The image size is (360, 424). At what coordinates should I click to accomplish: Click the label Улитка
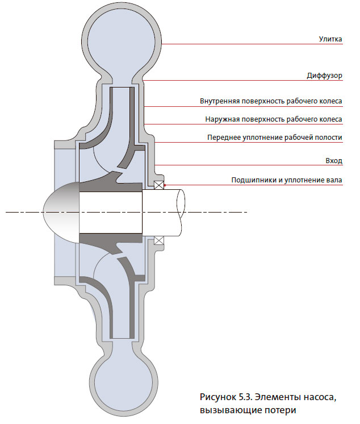point(330,39)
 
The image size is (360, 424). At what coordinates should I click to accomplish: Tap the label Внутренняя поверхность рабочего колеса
point(271,102)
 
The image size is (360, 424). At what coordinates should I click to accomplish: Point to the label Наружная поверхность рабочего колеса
point(274,119)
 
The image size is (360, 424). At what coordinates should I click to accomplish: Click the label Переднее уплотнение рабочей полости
point(275,138)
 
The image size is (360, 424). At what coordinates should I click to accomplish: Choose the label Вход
point(334,161)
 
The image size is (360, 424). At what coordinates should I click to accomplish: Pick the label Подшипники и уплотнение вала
point(287,180)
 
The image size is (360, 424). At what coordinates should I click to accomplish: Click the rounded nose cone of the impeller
point(60,212)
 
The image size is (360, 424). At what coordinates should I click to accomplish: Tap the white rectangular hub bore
point(111,211)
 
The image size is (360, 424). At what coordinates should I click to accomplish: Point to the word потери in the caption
point(281,410)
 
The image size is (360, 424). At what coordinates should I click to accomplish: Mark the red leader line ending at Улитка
point(256,44)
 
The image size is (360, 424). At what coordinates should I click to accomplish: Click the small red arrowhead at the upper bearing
point(164,185)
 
